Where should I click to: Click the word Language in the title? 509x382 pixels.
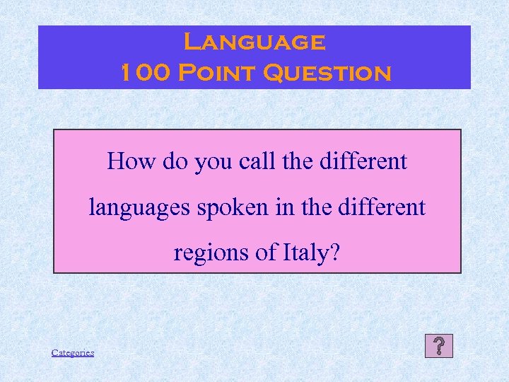[254, 42]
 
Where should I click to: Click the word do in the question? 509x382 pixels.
[174, 162]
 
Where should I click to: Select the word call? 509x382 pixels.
[257, 162]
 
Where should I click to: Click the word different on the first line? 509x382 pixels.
[363, 162]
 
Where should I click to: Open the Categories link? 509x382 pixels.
[73, 352]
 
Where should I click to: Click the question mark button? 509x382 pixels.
[439, 346]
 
